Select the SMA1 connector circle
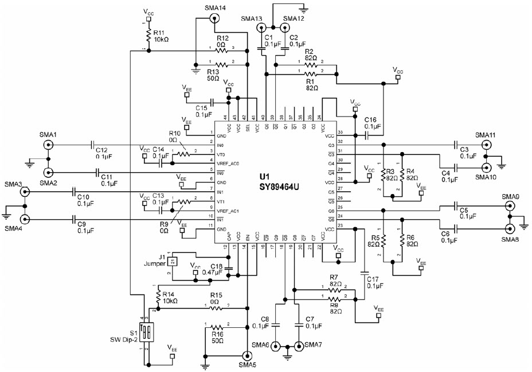(x=47, y=145)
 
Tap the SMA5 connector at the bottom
(x=247, y=356)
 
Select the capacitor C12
(x=92, y=145)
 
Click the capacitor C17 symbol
(x=363, y=273)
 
